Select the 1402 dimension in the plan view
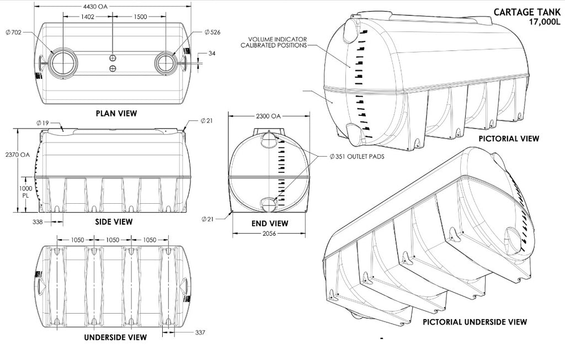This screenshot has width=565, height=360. pos(87,17)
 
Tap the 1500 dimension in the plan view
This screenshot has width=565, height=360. pos(140,17)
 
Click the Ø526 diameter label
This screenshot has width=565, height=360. pos(211,33)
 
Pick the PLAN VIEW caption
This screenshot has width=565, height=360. pos(116,113)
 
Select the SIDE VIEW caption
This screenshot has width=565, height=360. pos(115,222)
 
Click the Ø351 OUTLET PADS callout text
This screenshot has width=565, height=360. pos(356,156)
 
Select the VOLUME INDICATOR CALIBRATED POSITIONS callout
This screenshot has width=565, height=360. pos(273,42)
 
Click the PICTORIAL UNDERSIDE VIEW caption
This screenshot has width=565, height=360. pos(475,321)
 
